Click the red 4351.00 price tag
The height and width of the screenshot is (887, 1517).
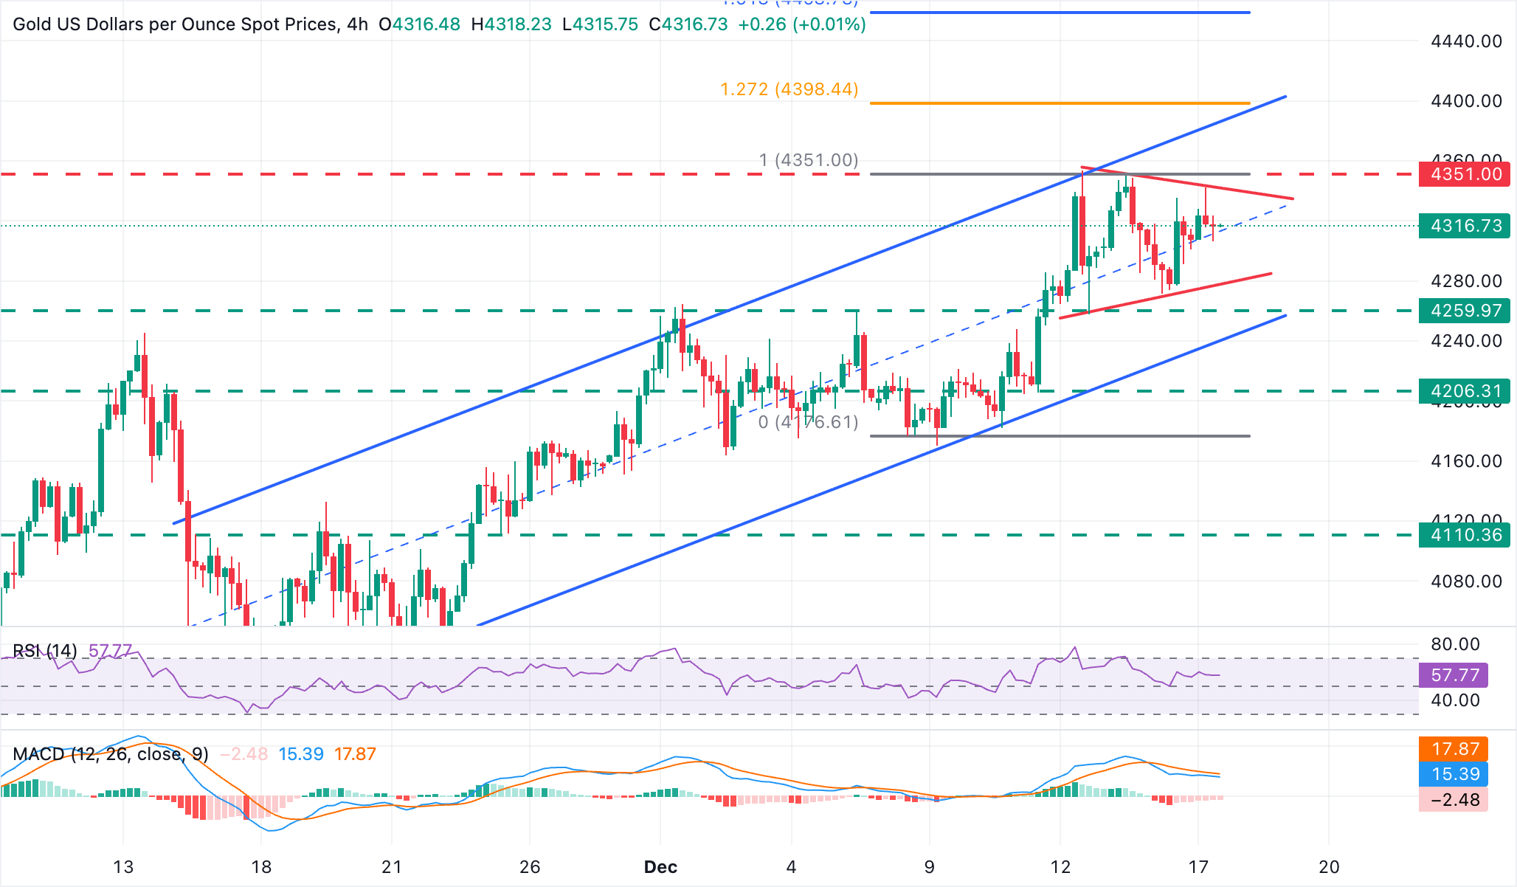1465,174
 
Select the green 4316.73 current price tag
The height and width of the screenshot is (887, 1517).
1465,226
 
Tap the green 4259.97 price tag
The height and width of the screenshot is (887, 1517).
1465,311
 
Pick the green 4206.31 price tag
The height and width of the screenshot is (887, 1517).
1465,391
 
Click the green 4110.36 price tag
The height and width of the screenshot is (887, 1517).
1465,535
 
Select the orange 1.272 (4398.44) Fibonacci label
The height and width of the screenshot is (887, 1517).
789,89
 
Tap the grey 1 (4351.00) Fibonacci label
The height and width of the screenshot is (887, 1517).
809,160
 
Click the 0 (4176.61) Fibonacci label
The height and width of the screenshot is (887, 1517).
808,422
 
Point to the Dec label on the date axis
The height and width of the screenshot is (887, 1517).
660,867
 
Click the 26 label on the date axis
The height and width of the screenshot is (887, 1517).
530,867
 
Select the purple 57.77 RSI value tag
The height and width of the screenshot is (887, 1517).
1454,675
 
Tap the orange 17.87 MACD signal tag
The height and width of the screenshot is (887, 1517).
1454,749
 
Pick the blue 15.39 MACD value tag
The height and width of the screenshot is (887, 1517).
1454,774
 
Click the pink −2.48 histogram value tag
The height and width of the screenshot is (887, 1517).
1454,800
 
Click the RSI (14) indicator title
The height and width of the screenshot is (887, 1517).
45,651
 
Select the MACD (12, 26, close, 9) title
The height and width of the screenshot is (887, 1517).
111,754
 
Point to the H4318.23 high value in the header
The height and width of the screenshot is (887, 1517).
511,24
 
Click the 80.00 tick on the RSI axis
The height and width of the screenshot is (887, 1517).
1455,644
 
